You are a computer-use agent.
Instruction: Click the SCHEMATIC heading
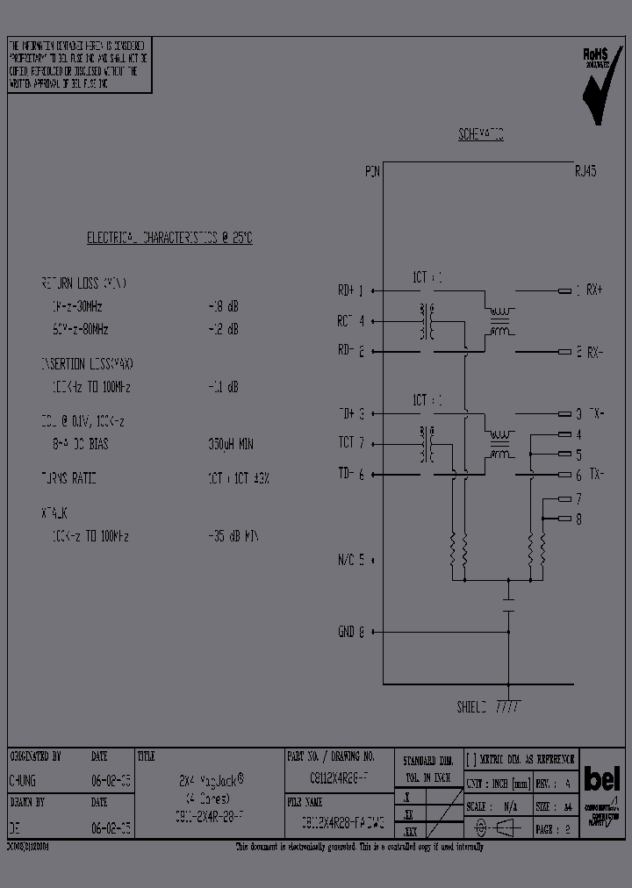coord(480,135)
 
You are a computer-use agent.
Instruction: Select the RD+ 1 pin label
coord(350,290)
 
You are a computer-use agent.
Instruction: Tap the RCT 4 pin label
coord(350,321)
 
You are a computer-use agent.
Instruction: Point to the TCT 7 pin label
coord(350,443)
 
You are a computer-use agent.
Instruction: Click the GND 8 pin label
coord(350,632)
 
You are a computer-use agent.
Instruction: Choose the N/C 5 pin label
coord(350,559)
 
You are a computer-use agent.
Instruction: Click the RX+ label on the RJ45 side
coord(594,290)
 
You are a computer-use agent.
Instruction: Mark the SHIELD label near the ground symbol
coord(470,706)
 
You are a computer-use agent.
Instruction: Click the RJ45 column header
coord(585,173)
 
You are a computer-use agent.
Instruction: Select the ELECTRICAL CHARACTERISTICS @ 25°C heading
coord(169,239)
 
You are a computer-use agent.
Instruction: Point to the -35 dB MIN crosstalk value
coord(233,536)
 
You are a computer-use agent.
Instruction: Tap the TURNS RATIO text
coord(68,478)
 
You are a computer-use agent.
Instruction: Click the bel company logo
coord(601,778)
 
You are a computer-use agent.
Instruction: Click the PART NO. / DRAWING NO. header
coord(331,756)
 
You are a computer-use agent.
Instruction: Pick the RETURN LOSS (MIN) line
coord(83,284)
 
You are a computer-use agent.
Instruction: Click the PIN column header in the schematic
coord(372,173)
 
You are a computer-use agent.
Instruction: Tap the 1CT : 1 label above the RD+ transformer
coord(427,278)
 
